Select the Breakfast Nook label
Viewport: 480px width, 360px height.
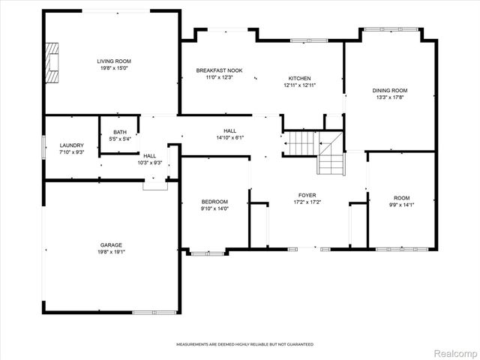(214, 70)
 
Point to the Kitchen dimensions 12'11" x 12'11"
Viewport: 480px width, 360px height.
(300, 85)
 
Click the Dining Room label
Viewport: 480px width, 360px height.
(390, 90)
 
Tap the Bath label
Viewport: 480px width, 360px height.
(120, 133)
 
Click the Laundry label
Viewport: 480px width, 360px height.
(72, 145)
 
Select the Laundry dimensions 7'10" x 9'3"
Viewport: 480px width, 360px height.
(72, 151)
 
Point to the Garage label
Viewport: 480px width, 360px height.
(112, 244)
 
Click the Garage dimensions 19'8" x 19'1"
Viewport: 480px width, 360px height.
(112, 251)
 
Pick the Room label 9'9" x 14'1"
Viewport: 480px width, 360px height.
(402, 198)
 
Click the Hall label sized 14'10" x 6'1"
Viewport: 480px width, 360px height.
(229, 130)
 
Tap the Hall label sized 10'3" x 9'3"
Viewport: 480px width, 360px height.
(150, 155)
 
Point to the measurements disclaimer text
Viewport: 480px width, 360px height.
(244, 344)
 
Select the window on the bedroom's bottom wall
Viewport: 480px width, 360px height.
(208, 253)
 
